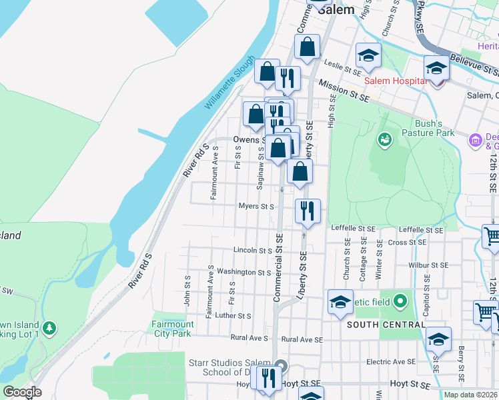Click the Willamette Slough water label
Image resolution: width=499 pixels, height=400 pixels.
tap(230, 83)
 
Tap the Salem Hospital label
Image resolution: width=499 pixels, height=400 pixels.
tap(395, 81)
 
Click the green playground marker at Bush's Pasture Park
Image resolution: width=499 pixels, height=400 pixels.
tap(384, 139)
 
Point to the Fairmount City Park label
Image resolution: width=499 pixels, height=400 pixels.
tap(173, 329)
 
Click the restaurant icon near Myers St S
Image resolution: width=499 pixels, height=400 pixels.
tap(308, 211)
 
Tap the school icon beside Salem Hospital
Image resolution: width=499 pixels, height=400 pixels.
tap(436, 67)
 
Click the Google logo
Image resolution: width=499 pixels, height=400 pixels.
tap(21, 392)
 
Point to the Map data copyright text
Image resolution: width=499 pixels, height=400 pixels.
tap(471, 395)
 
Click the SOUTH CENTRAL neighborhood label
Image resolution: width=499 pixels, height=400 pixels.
tap(386, 325)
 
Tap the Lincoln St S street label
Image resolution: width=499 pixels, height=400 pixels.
tap(252, 251)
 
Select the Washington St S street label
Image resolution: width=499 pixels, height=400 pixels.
tap(243, 272)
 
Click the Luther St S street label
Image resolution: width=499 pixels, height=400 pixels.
tap(233, 316)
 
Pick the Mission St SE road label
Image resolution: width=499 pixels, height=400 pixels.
tap(344, 89)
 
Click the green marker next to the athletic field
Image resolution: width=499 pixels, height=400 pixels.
tap(400, 301)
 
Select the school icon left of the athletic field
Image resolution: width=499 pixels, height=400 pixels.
tap(340, 301)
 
